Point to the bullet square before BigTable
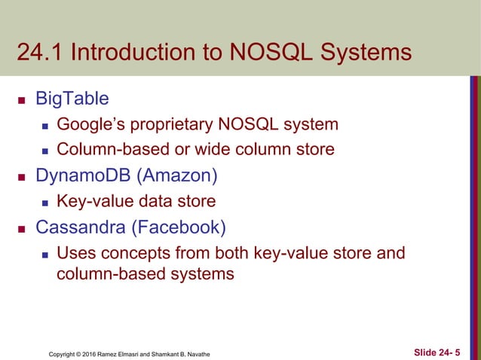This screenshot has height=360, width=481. coord(24,99)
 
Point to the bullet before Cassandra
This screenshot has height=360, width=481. coord(24,227)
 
